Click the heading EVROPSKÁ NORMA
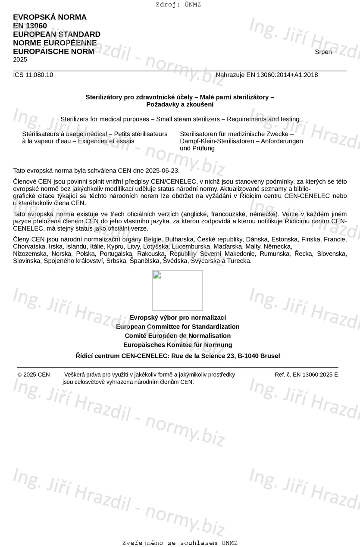[50, 17]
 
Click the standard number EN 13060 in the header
[30, 26]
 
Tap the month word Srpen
[323, 52]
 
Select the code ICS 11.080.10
[33, 75]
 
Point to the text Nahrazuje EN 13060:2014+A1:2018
[266, 75]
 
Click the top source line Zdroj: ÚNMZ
[178, 5]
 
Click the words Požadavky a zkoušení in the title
[180, 105]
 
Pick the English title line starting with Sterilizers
[180, 119]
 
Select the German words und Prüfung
[197, 148]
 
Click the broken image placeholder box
[177, 290]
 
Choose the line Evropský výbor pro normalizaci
[178, 318]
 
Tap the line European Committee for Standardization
[178, 327]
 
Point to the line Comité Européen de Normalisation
[178, 336]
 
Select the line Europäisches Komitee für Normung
[178, 345]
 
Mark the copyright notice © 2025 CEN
[34, 375]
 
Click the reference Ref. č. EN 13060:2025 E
[306, 375]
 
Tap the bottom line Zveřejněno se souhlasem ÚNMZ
[180, 543]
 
